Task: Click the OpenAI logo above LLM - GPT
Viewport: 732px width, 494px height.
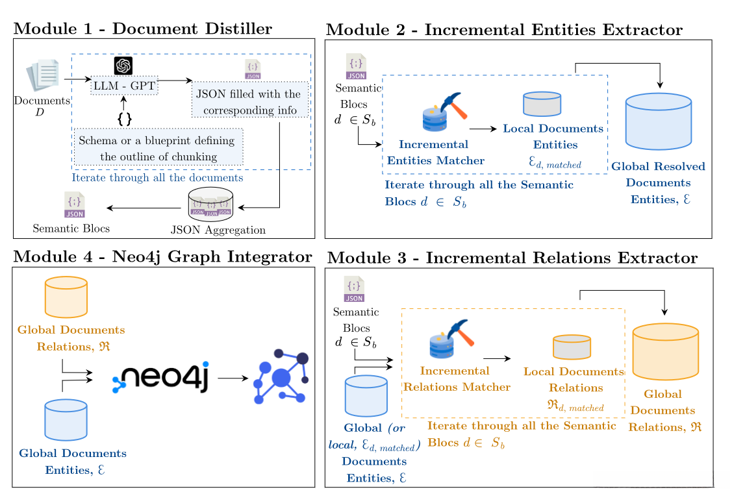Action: coord(123,65)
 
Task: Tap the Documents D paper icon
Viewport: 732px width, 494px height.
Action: coord(44,77)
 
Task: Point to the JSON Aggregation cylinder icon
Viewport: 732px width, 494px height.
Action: coord(210,203)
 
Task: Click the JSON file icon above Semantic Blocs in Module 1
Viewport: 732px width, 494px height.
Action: coord(75,204)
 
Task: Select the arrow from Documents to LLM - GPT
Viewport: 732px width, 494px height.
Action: coord(80,80)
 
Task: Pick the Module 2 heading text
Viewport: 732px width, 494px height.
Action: coord(503,30)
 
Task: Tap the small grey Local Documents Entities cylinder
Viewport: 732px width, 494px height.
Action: coord(542,104)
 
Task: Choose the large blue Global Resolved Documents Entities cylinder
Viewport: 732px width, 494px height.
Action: coord(658,121)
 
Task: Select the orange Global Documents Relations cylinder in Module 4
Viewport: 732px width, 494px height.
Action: coord(66,297)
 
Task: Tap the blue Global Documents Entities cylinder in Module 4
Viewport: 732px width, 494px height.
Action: coord(66,419)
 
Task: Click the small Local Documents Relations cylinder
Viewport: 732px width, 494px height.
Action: coord(572,347)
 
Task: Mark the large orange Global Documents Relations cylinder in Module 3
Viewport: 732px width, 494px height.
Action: coord(665,352)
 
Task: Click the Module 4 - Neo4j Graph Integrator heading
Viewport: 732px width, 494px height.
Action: coord(162,257)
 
